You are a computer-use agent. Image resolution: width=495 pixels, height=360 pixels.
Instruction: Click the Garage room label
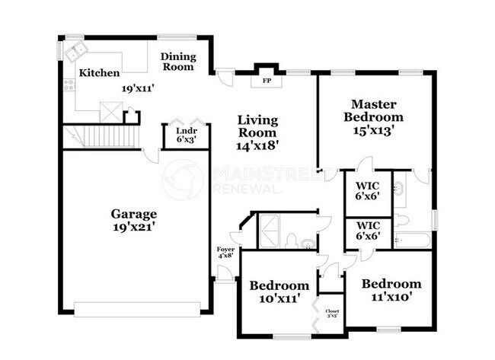(x=133, y=214)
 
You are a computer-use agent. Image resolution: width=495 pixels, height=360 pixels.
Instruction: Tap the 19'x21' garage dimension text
(x=133, y=227)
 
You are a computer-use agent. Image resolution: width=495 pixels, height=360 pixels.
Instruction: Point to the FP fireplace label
(x=267, y=80)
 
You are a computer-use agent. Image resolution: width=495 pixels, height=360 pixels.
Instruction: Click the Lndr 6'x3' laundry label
(x=176, y=134)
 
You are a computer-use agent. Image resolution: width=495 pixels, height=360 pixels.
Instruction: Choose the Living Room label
(x=257, y=126)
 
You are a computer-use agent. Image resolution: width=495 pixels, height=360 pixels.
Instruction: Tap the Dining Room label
(x=177, y=62)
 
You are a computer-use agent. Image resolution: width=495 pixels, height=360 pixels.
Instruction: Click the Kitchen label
(x=99, y=73)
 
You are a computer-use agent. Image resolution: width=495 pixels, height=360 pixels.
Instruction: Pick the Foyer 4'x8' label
(x=225, y=252)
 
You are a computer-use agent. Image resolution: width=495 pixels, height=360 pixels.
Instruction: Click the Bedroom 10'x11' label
(x=279, y=292)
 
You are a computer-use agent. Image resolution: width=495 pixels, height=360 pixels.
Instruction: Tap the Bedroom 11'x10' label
(x=391, y=290)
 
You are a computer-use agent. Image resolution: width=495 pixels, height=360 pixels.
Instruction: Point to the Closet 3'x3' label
(x=332, y=314)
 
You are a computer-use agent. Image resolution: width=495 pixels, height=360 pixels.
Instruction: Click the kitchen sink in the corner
(x=75, y=53)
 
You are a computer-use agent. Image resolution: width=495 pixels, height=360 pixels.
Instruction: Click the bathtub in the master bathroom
(x=412, y=240)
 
